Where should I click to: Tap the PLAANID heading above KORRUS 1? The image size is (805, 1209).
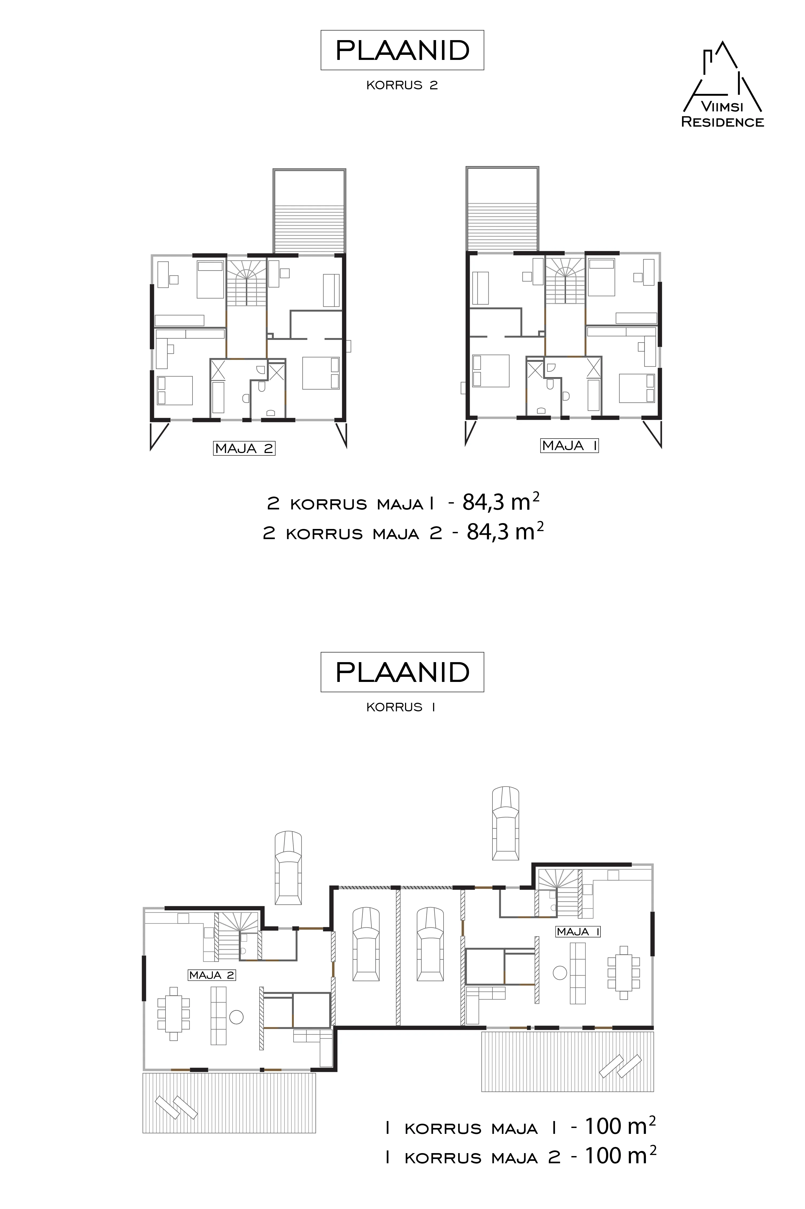tap(403, 672)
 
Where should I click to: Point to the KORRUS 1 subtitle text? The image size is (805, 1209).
tap(401, 707)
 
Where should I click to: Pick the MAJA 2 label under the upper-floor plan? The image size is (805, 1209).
tap(244, 448)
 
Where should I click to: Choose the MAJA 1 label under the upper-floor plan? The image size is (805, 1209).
tap(570, 445)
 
